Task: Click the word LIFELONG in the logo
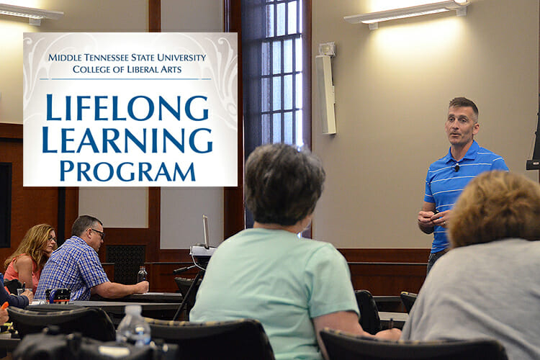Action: pos(127,109)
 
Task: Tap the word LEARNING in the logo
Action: pos(127,140)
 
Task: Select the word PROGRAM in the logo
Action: pos(127,171)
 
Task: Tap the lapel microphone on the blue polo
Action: pos(456,168)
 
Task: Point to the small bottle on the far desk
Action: pos(142,274)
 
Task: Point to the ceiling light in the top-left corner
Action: pos(29,13)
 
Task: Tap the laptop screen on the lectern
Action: pos(206,232)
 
